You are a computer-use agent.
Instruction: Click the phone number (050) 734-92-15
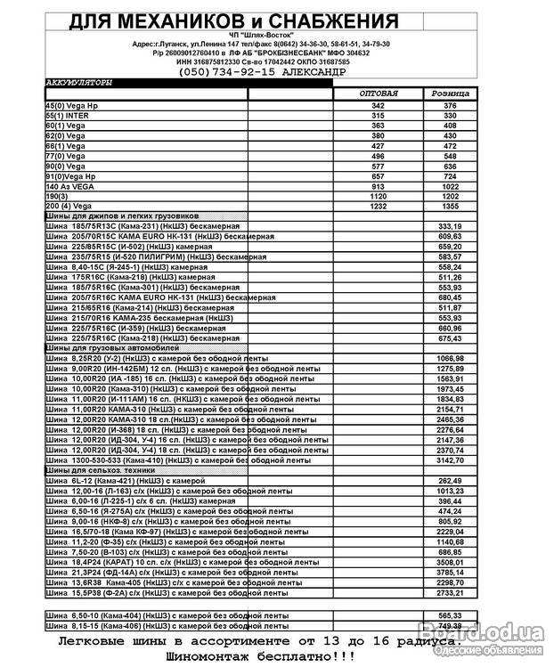[x=240, y=71]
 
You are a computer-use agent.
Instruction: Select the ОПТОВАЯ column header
[x=378, y=94]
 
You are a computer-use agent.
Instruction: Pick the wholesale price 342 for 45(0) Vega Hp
[x=378, y=106]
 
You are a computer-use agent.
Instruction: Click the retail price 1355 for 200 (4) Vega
[x=450, y=206]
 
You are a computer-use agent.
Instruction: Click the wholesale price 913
[x=378, y=186]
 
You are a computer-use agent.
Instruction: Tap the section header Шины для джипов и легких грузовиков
[x=122, y=216]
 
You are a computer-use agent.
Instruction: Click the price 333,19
[x=450, y=226]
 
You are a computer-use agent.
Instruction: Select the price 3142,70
[x=450, y=460]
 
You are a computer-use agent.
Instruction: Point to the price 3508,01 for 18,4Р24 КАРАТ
[x=450, y=562]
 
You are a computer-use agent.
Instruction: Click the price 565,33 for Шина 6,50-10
[x=450, y=615]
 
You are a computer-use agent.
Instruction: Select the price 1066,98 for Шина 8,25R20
[x=450, y=358]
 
